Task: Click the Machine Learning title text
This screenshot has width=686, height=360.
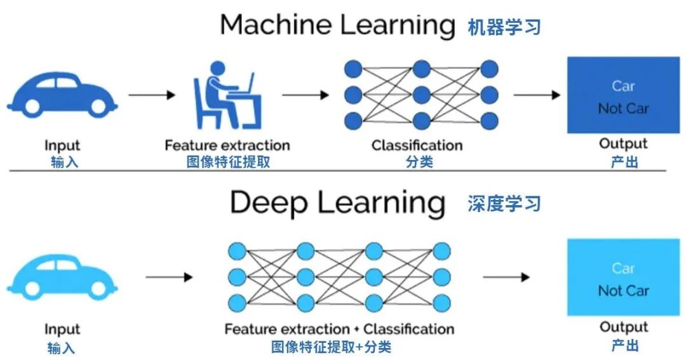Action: pyautogui.click(x=337, y=25)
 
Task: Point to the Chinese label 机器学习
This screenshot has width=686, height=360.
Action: pyautogui.click(x=504, y=27)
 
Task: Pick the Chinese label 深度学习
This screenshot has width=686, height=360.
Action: pyautogui.click(x=504, y=204)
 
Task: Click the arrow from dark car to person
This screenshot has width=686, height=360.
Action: pyautogui.click(x=152, y=95)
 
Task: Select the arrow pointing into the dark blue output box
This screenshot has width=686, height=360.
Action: pyautogui.click(x=537, y=95)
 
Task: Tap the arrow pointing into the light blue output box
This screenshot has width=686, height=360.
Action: pyautogui.click(x=506, y=277)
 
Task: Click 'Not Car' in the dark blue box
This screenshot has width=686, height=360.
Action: pyautogui.click(x=623, y=109)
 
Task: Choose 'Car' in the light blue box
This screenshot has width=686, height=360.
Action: pyautogui.click(x=623, y=268)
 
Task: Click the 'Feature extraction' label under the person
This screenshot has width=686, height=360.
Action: pyautogui.click(x=227, y=145)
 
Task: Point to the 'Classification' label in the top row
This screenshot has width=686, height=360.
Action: pyautogui.click(x=417, y=145)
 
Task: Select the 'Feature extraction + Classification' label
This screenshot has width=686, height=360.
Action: pyautogui.click(x=339, y=329)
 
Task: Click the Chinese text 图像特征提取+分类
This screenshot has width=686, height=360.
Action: pyautogui.click(x=331, y=347)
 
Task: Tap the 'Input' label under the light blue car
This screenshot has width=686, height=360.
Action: pyautogui.click(x=62, y=330)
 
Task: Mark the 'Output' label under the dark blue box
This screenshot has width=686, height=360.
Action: pyautogui.click(x=623, y=143)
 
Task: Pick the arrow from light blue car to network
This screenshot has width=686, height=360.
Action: pyautogui.click(x=169, y=277)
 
